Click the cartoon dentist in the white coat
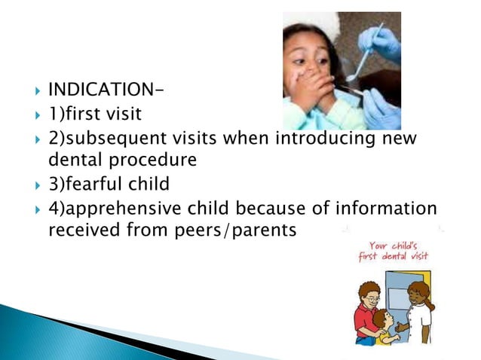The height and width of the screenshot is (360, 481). coord(419,313)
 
